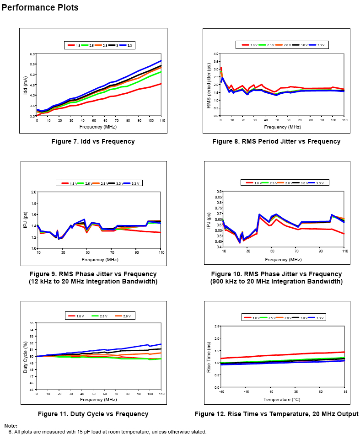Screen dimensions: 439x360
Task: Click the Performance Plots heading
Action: tap(40, 8)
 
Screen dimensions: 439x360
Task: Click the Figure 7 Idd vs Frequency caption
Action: tap(93, 141)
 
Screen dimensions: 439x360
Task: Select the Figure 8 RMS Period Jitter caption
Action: tap(276, 141)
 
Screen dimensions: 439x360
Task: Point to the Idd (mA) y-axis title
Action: tap(26, 85)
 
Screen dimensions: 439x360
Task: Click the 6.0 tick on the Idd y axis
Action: tap(32, 54)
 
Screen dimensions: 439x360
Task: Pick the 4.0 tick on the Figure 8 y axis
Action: tap(216, 54)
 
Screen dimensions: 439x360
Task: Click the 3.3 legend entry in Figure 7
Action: tap(130, 45)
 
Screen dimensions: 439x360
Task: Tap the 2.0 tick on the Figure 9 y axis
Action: tap(33, 192)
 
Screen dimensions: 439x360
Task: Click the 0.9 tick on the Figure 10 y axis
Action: tap(219, 192)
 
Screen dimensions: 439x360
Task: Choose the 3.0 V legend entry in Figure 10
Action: tap(303, 183)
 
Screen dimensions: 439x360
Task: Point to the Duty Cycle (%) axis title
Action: tap(26, 356)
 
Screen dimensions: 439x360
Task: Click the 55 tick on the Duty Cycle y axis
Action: tap(32, 323)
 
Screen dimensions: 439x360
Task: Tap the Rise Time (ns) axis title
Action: tap(209, 356)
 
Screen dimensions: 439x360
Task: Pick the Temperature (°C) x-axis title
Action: tap(282, 399)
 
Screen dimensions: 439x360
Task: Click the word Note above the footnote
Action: tap(11, 426)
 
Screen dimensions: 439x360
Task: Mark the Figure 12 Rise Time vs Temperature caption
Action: tap(276, 414)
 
